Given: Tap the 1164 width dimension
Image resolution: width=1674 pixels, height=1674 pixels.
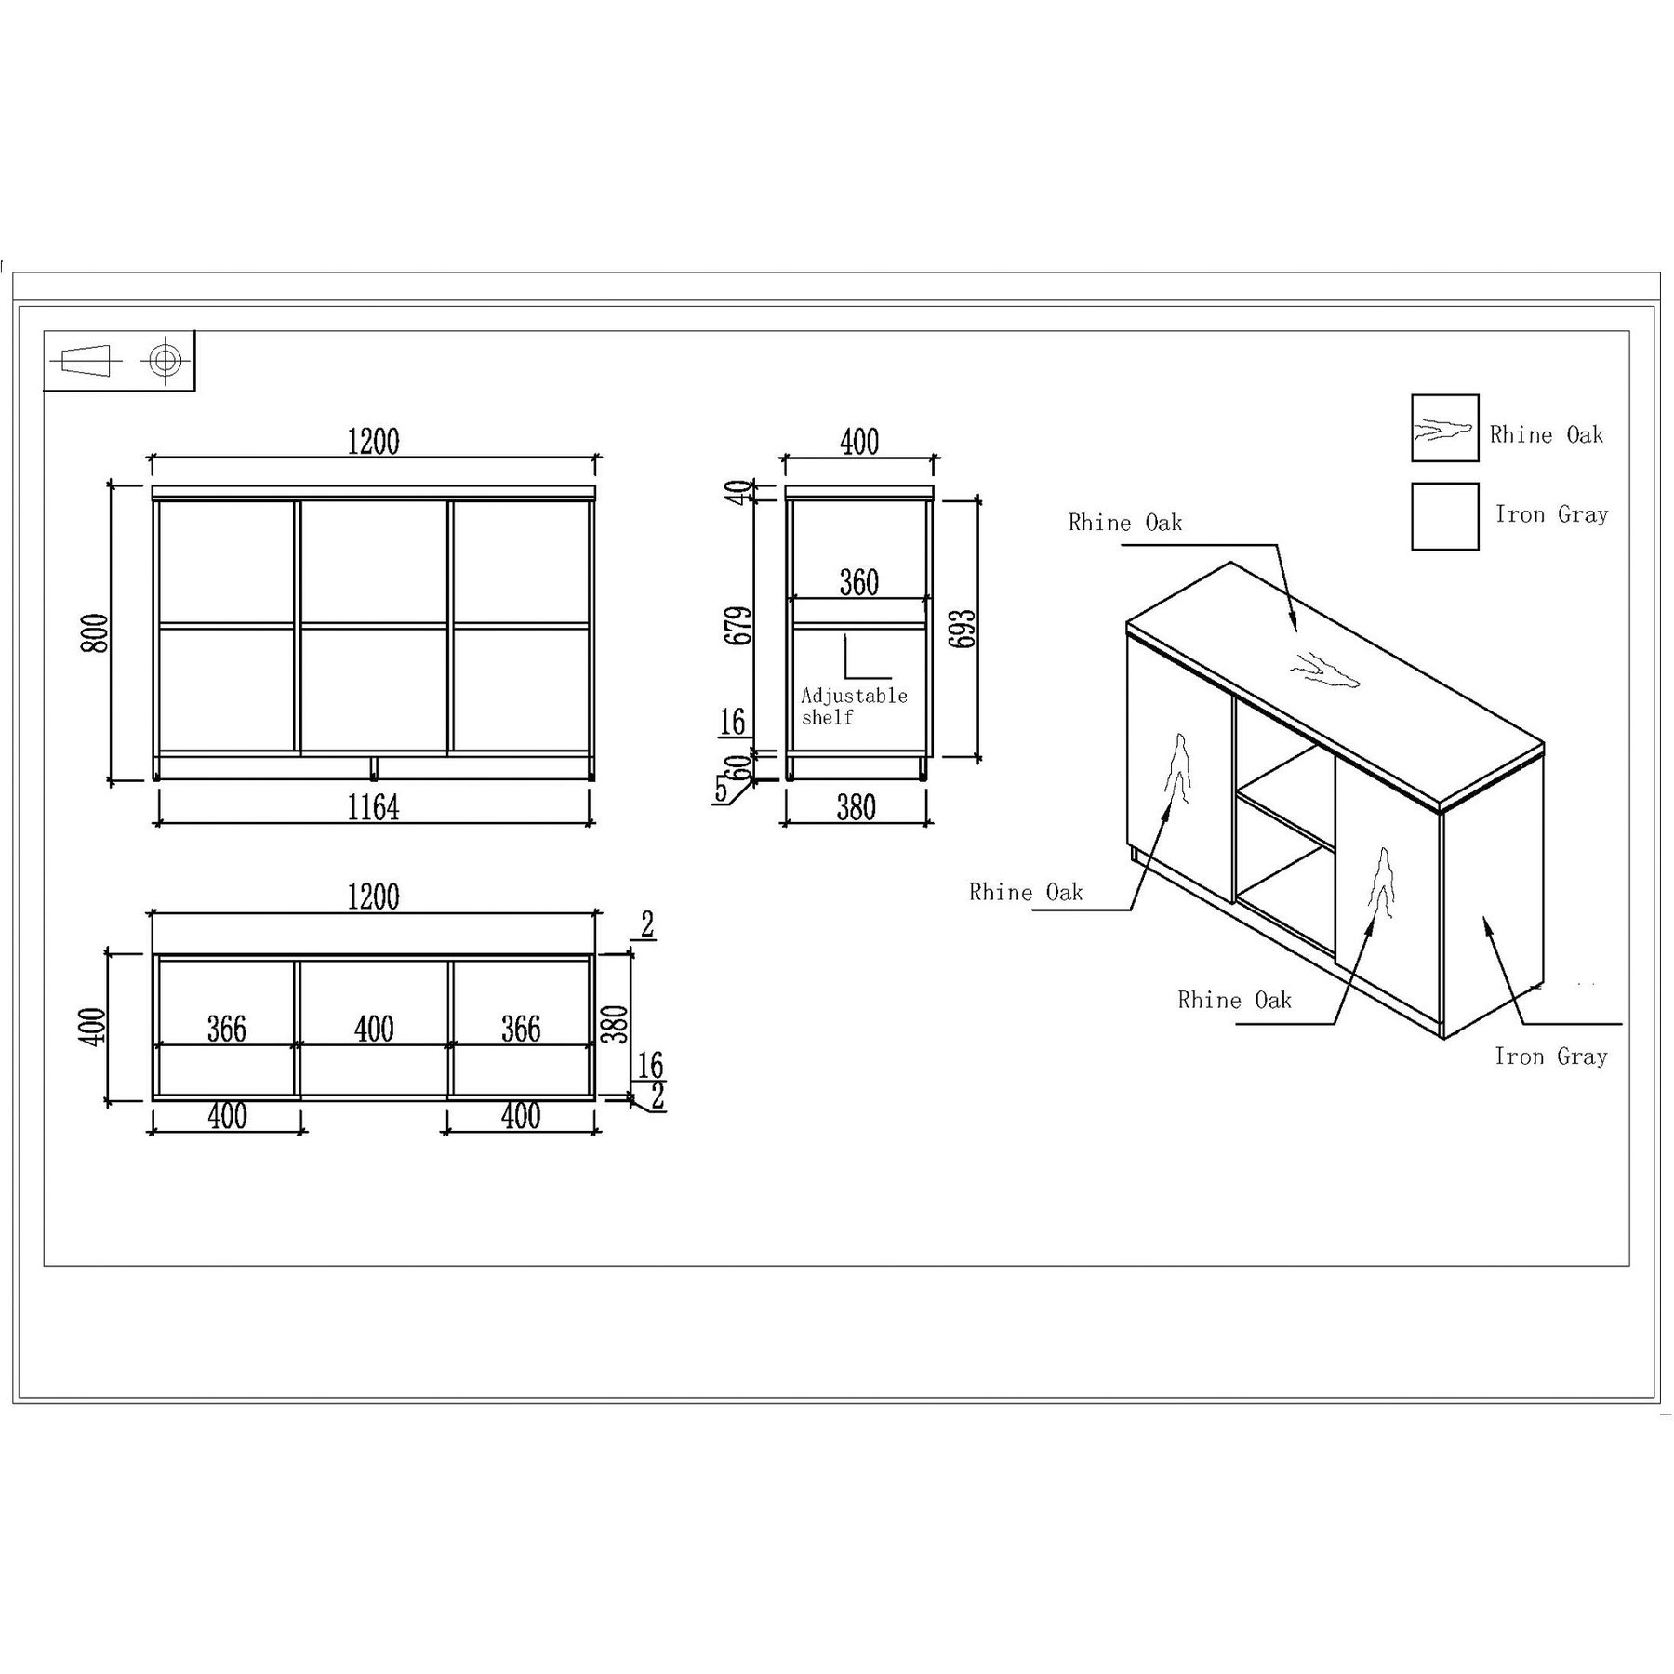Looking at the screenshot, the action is point(374,807).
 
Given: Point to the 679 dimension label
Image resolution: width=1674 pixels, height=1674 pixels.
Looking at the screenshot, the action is point(739,626).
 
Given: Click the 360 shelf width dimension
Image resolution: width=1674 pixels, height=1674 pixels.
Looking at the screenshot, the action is point(859,582).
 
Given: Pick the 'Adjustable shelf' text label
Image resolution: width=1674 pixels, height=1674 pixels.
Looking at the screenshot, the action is point(854,706).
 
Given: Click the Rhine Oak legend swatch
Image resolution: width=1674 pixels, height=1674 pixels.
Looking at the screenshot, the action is point(1444,428).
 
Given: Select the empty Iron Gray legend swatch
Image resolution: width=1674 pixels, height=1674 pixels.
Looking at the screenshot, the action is point(1444,516).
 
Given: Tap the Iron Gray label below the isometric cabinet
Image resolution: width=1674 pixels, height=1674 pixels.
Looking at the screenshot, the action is point(1550,1056).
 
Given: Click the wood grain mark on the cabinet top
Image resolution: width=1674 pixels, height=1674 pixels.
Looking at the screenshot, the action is point(1324,670).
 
